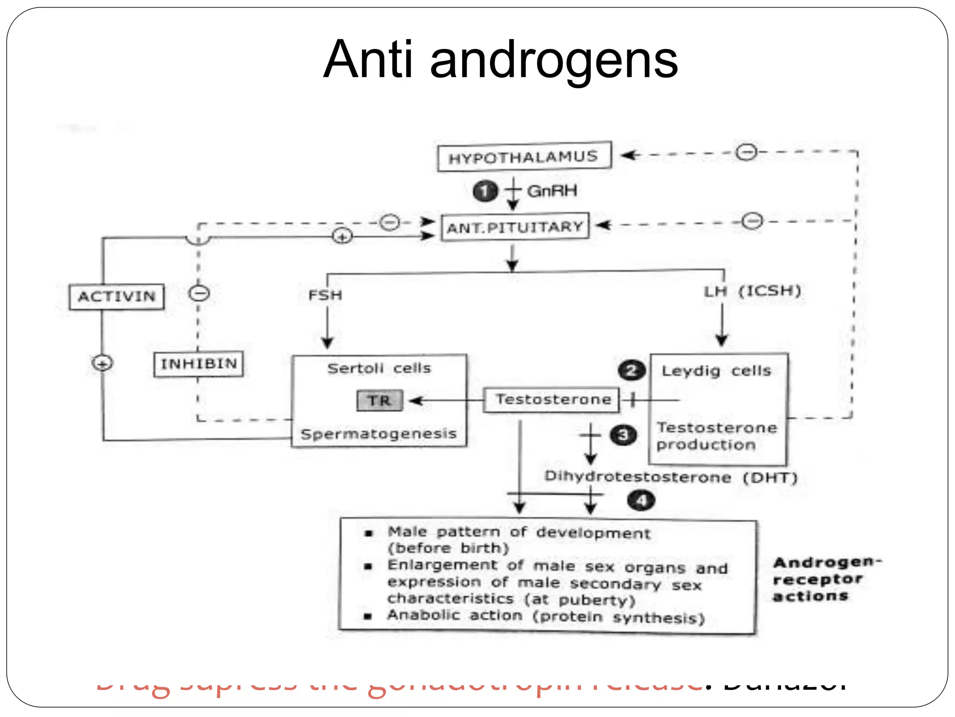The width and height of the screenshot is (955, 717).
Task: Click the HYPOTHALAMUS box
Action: point(524,157)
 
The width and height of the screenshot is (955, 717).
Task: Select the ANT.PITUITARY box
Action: point(515,227)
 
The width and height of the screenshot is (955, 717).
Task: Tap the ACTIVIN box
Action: point(117,296)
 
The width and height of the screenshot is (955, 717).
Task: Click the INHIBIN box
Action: point(199,364)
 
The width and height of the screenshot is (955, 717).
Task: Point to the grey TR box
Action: point(379,401)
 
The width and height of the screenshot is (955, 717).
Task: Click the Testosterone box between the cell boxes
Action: point(552,400)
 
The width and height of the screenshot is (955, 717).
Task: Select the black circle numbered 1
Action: point(485,191)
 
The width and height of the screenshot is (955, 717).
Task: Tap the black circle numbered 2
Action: point(631,371)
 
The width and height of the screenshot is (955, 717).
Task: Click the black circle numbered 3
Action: point(623,436)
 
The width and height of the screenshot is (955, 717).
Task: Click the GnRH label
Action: point(552,191)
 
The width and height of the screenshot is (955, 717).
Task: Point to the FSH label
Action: point(325,295)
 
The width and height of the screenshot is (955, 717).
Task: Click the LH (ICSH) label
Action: point(752,291)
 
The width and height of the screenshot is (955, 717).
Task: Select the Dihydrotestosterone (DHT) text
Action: point(671,477)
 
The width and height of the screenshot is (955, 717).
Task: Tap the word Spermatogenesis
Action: point(379,434)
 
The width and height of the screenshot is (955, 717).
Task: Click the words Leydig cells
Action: point(716,371)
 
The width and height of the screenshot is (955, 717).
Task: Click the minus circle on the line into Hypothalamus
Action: point(747,152)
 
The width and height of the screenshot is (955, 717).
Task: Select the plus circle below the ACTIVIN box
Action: point(103,363)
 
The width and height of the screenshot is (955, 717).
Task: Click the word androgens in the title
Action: point(554,60)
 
